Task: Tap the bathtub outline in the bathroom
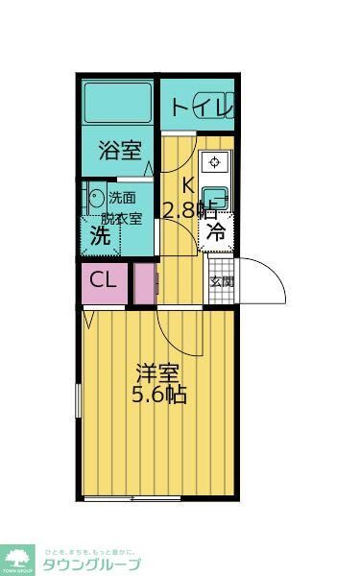coord(117,104)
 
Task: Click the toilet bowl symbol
coord(216,107)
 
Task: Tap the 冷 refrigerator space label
coord(217,230)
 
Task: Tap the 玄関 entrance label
coord(222,281)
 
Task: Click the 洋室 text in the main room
coord(155,372)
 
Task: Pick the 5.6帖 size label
coord(158,395)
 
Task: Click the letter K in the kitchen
coord(187,185)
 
